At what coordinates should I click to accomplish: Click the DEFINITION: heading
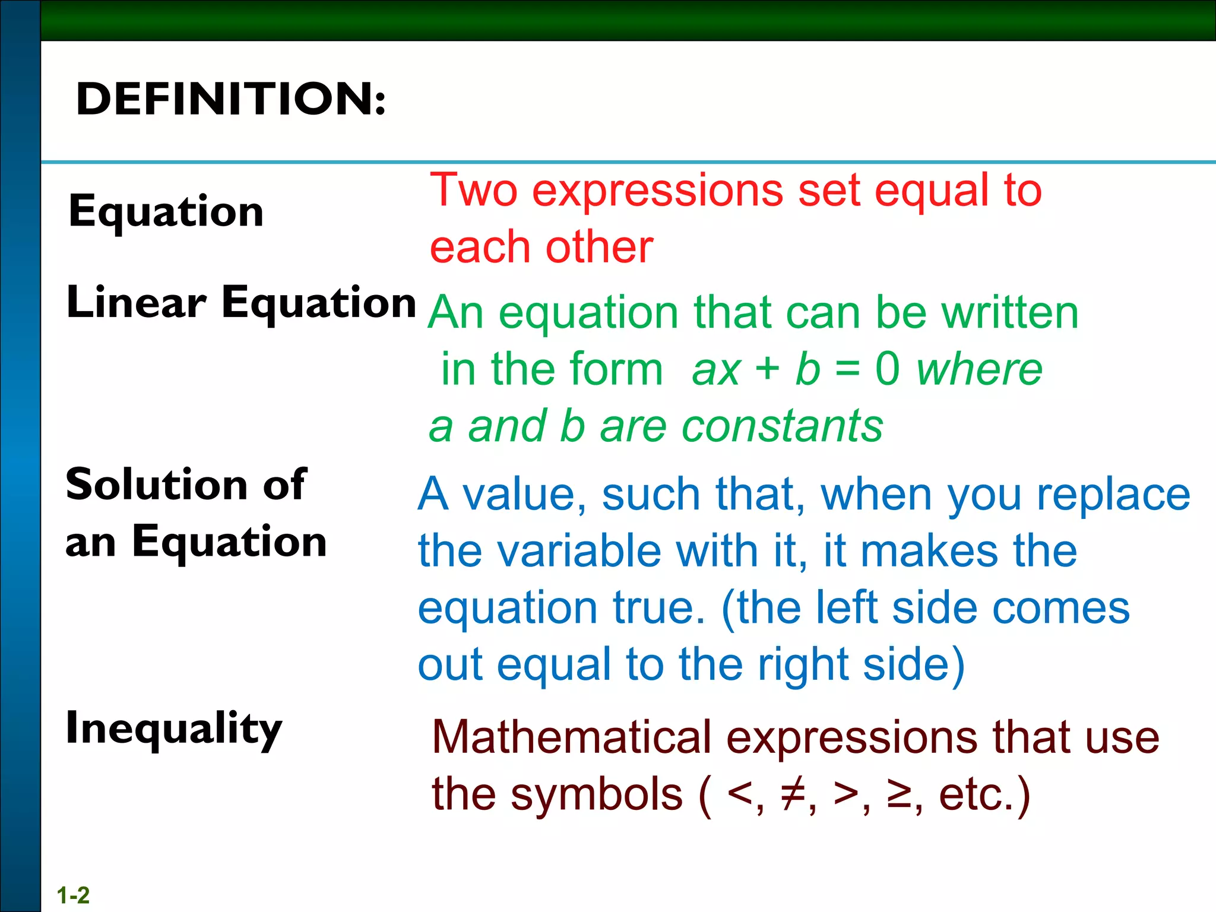coord(231,99)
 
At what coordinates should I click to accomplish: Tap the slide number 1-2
coord(73,895)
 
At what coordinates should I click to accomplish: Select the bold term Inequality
coord(173,729)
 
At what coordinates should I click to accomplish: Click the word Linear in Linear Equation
coord(137,302)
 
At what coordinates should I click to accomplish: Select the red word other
coord(599,247)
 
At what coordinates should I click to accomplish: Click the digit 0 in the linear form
coord(887,369)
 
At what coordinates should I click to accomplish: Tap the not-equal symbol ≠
coord(792,794)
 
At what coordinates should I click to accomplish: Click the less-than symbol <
coord(740,794)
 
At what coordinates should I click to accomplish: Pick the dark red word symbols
coord(596,794)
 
